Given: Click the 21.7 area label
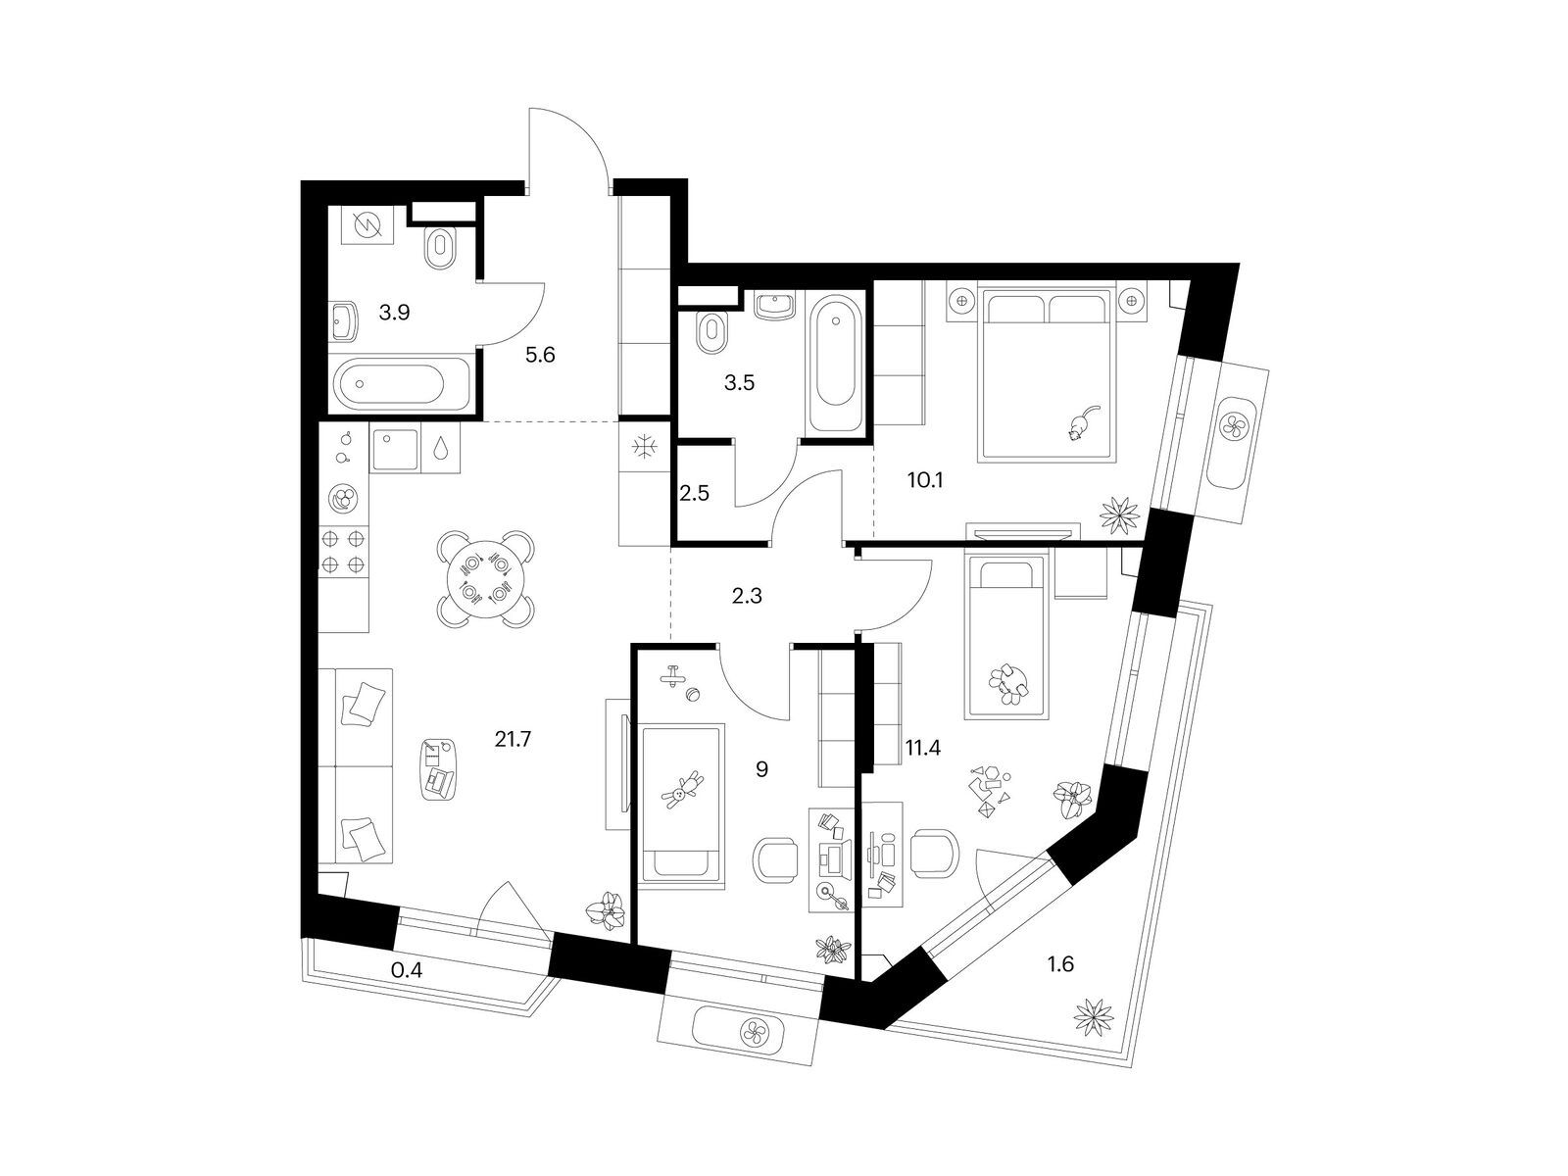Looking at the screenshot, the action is (513, 739).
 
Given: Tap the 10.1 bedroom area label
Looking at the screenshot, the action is (925, 480).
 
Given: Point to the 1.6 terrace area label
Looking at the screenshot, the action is (1060, 964).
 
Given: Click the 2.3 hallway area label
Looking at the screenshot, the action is (747, 596).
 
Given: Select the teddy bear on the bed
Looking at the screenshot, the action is (681, 790).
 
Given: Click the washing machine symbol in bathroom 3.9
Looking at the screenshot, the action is (367, 224).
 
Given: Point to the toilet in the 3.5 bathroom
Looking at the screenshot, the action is (710, 332).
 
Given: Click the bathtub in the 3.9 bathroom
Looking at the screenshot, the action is (402, 383).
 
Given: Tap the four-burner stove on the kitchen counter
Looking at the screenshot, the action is (344, 551).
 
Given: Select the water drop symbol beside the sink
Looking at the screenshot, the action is (441, 447).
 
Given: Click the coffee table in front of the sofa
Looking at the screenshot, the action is (437, 769).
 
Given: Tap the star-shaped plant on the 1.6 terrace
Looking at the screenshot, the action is (1094, 1017).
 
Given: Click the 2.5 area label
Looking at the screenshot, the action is (694, 493).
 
